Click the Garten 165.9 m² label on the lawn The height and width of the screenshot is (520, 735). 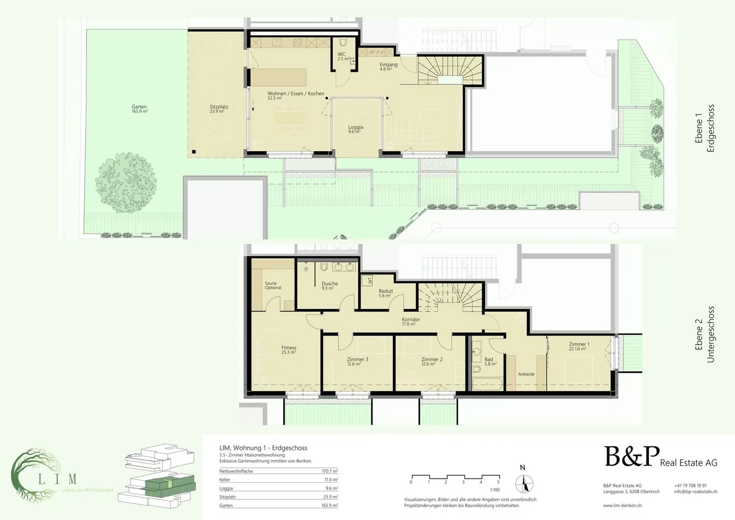coord(139,109)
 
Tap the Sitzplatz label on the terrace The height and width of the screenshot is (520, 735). coord(218,109)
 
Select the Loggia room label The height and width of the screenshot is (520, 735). coord(356,129)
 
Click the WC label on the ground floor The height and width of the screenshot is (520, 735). coord(341,56)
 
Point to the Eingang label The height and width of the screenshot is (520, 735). coord(388,66)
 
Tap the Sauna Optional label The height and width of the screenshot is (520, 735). coord(273,286)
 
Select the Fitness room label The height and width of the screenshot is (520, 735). coord(288,349)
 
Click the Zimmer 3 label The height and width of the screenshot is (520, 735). coord(357,361)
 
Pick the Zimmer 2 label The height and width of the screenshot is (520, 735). coord(432,361)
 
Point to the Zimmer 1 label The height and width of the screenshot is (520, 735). coord(579,346)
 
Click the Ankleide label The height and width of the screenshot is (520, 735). coord(526,374)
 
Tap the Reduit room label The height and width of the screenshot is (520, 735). coord(385,293)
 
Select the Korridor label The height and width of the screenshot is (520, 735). coord(411,321)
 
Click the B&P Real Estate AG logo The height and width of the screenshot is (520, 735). coord(660,457)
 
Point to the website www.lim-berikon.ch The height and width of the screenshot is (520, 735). coord(622,505)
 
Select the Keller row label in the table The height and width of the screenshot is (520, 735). coord(225,480)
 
